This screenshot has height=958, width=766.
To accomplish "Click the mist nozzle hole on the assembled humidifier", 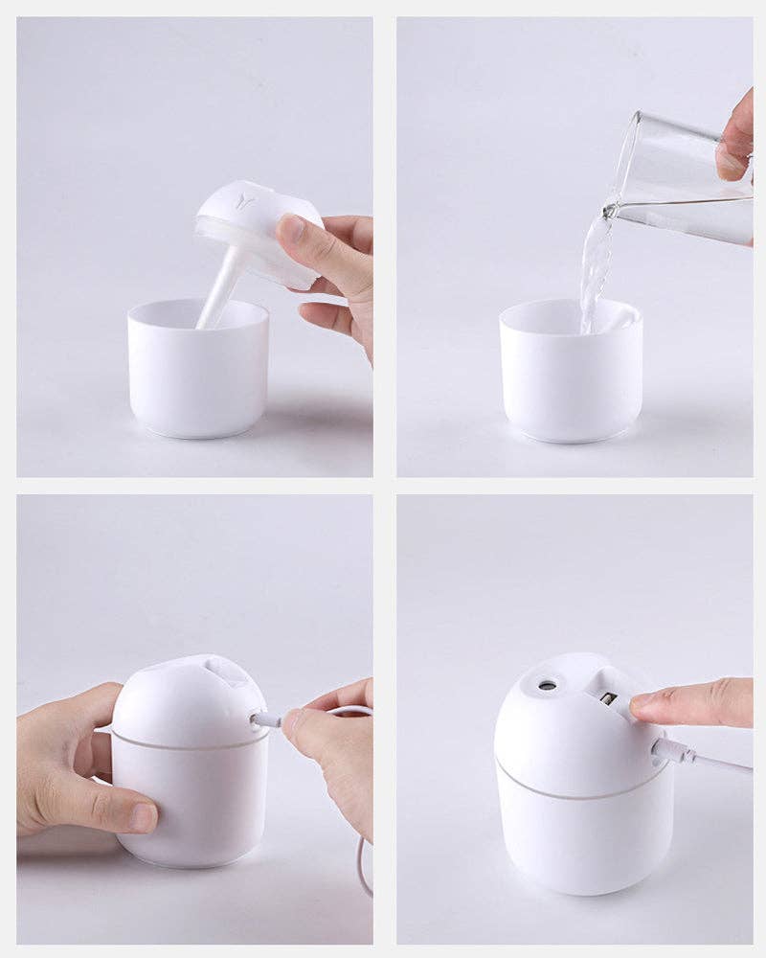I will tap(548, 686).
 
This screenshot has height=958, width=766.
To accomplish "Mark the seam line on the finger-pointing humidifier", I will tap(574, 793).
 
